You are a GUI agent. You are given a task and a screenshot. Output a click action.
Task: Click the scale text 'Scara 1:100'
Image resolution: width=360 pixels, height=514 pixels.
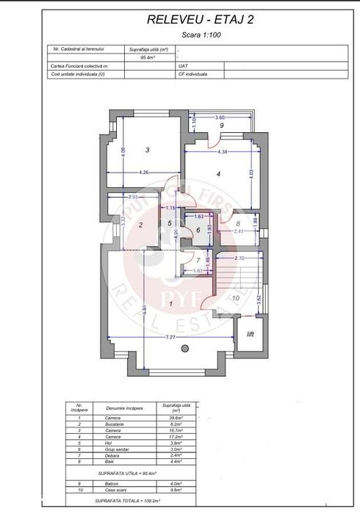coord(199,35)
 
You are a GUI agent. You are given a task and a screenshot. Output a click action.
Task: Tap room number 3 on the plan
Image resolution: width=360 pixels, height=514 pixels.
coord(148,150)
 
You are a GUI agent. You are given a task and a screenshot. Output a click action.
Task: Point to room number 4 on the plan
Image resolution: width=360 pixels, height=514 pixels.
coord(218,174)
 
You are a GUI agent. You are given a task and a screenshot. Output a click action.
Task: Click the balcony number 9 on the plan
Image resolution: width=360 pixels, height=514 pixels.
coord(221,125)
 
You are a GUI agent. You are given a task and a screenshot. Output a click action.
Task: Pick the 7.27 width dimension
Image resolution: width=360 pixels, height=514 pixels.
coord(171,338)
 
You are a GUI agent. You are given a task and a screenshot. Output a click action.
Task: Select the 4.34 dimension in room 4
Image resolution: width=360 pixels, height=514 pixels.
coord(223,152)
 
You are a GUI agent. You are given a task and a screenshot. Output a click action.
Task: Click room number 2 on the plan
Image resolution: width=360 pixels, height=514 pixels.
coord(140,225)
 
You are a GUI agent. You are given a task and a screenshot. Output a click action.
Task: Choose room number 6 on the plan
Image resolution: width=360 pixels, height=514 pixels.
coord(197,230)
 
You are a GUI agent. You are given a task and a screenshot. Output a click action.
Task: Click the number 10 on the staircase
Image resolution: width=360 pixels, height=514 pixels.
coord(235,297)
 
